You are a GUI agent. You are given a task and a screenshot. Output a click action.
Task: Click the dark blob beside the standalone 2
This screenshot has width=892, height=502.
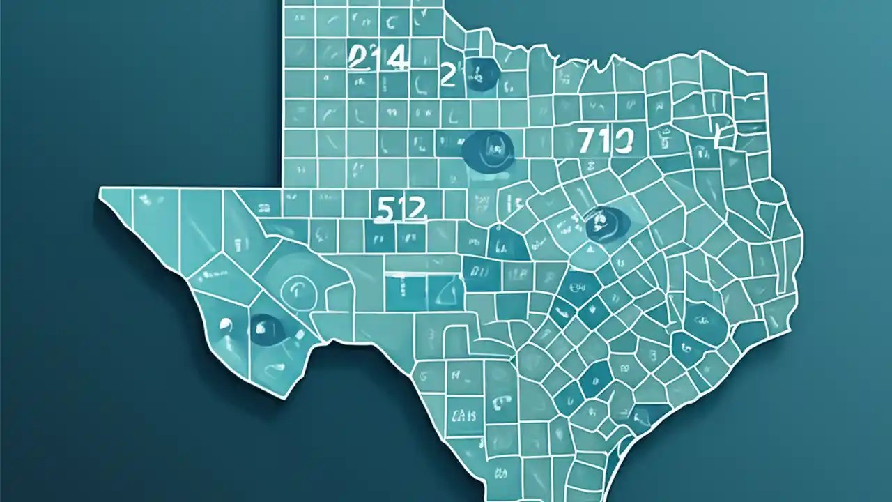480,73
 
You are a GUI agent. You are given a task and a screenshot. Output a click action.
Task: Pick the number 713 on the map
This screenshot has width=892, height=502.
604,141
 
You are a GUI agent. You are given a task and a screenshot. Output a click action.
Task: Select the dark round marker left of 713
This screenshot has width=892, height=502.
489,149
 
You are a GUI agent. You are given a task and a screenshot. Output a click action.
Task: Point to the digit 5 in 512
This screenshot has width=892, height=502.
382,208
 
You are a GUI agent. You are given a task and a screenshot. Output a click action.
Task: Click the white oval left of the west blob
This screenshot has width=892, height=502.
224,324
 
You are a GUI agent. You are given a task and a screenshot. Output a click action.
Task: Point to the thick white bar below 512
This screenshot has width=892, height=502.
409,273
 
